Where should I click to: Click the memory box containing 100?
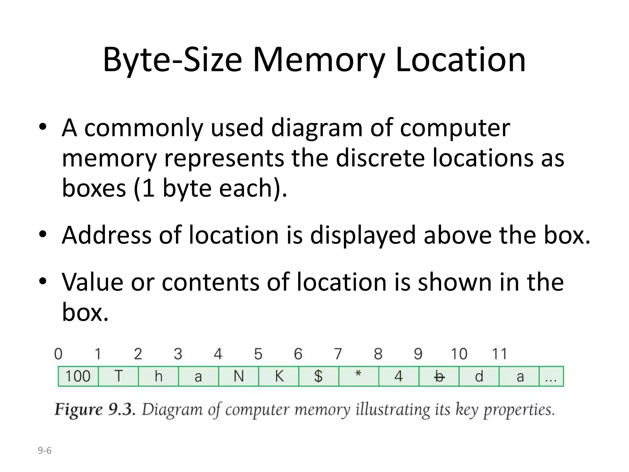point(78,376)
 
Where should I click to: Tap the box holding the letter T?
point(119,376)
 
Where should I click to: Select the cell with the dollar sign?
point(318,376)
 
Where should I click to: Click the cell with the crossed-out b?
point(439,376)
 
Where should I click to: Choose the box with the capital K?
point(279,376)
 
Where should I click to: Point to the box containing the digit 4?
point(399,376)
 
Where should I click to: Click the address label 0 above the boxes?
point(58,354)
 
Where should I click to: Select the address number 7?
point(338,354)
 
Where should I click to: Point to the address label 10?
point(459,354)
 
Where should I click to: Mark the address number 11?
point(499,354)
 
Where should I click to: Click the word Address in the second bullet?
point(107,235)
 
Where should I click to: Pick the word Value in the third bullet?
point(92,282)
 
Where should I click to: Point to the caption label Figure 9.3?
point(95,410)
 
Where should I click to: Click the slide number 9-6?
point(45,451)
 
